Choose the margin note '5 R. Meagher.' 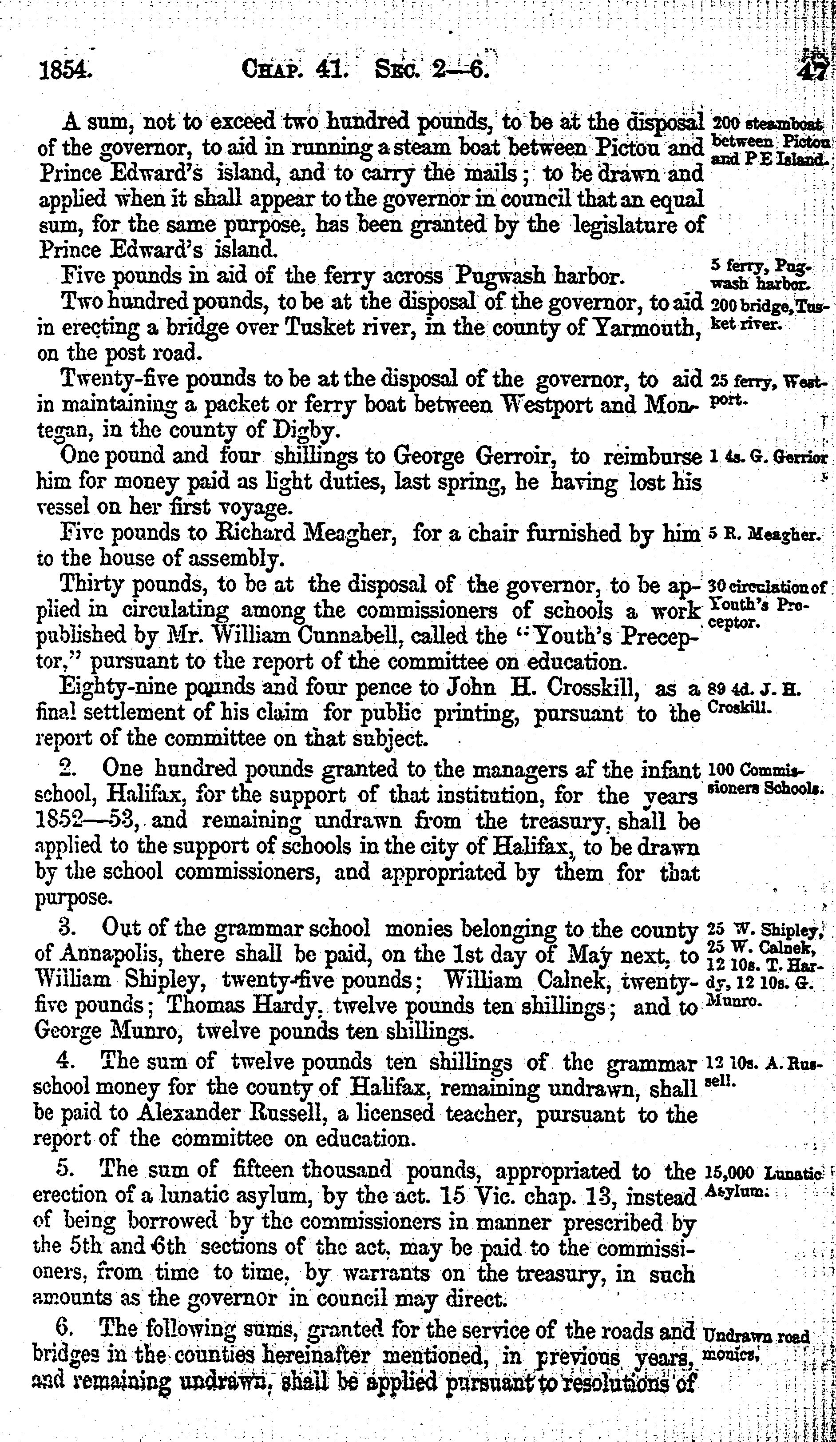click(765, 534)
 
